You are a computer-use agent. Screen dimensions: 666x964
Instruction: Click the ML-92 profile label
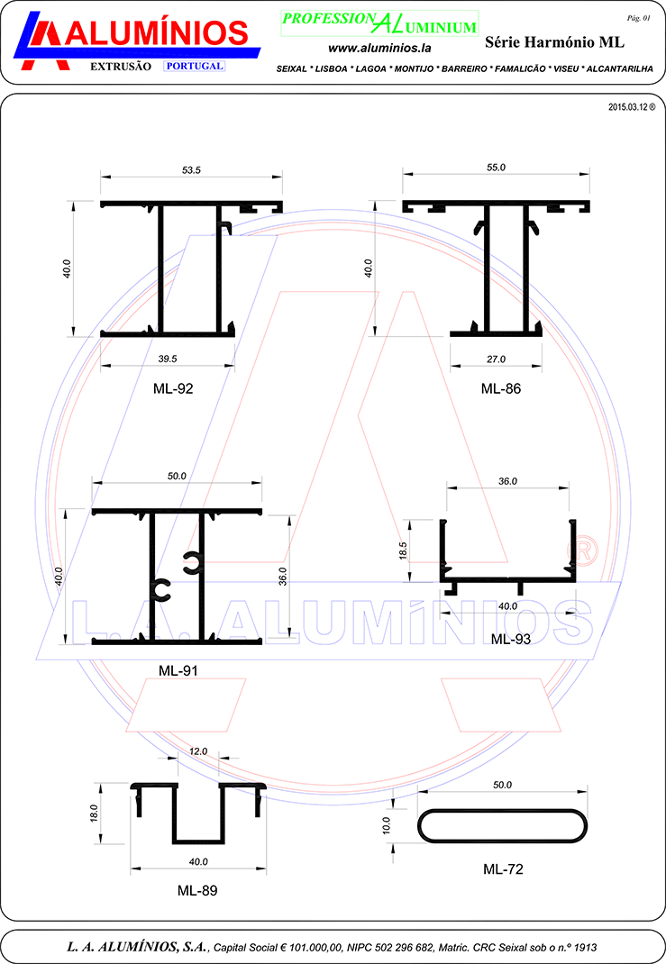click(x=173, y=388)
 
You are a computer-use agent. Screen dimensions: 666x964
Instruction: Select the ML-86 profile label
click(x=500, y=388)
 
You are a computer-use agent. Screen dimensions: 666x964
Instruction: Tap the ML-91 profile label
click(x=178, y=670)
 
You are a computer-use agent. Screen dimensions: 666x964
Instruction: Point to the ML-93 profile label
click(x=511, y=640)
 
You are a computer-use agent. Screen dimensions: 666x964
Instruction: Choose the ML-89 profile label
click(x=197, y=890)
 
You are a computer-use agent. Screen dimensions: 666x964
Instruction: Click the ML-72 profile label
click(x=503, y=869)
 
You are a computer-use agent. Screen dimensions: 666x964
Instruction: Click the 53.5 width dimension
click(x=191, y=169)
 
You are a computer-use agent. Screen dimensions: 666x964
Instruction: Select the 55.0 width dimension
click(x=496, y=168)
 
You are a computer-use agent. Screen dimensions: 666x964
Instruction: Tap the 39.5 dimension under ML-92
click(x=168, y=359)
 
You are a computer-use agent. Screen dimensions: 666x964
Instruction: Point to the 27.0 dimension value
click(x=496, y=359)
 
